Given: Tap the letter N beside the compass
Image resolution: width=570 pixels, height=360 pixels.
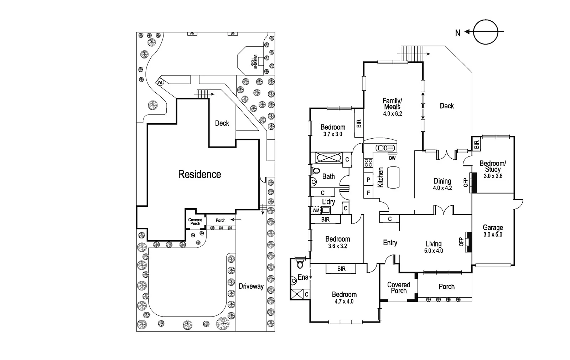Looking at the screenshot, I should coord(458,33).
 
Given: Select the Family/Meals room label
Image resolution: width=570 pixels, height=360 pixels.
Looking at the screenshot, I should coord(392,104).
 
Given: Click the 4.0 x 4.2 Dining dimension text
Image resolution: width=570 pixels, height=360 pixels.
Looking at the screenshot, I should coord(442,188).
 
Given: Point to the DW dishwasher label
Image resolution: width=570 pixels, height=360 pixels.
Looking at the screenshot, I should coord(392,158).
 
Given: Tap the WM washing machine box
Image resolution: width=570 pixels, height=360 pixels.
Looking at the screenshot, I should coord(316,210).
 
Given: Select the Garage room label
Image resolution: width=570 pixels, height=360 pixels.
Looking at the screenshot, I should coord(493,227).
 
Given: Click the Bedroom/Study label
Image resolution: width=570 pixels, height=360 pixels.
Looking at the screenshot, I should coord(493,166).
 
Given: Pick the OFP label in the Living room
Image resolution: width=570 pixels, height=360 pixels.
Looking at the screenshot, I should coord(461,242).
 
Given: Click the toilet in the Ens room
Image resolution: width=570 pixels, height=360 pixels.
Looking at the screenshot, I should coord(300,264).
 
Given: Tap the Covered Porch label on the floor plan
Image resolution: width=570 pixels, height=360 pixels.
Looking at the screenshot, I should coord(399,288).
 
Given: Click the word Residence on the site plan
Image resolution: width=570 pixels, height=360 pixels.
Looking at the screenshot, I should coord(199,174).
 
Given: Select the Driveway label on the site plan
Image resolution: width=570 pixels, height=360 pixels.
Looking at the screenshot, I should coord(251,286).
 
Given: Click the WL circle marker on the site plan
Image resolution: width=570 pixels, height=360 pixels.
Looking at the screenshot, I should coord(160,83).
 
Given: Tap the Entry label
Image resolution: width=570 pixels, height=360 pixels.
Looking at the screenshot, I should coord(390,243).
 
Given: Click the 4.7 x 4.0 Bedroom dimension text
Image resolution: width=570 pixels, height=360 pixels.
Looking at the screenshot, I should coord(344,302).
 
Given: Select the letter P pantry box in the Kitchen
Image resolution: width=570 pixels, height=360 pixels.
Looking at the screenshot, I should coord(368,180).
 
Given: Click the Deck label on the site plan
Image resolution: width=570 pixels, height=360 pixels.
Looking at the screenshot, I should coord(222,123).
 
